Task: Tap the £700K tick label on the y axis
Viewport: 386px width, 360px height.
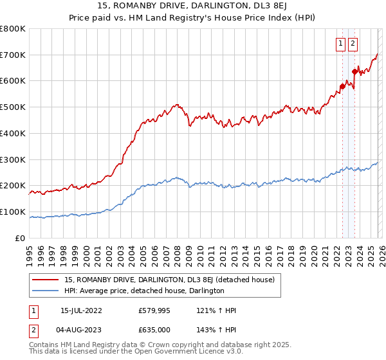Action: tap(13, 55)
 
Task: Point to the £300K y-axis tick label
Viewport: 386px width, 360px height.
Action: tap(13, 159)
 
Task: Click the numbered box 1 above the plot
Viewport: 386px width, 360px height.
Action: tap(340, 44)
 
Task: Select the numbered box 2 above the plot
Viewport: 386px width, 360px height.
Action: tap(353, 44)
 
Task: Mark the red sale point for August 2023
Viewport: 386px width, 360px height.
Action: tap(354, 71)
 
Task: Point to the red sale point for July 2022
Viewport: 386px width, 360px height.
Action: tap(342, 86)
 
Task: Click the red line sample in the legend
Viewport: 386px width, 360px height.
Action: tap(46, 280)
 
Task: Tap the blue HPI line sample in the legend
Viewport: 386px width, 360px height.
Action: tap(46, 291)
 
